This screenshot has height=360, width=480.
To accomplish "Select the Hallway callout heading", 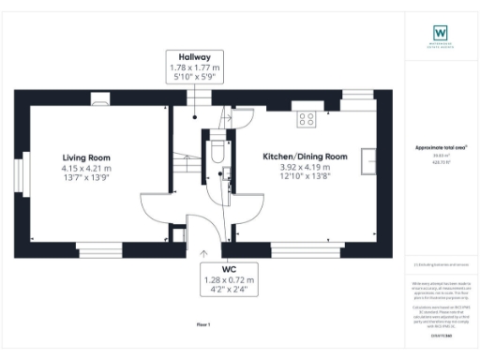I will [196, 57].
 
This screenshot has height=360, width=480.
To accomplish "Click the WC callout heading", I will [229, 267].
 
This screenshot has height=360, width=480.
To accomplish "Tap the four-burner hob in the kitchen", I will [306, 118].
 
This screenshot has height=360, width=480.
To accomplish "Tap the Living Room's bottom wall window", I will [104, 249].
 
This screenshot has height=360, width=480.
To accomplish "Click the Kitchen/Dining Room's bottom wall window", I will [306, 249].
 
